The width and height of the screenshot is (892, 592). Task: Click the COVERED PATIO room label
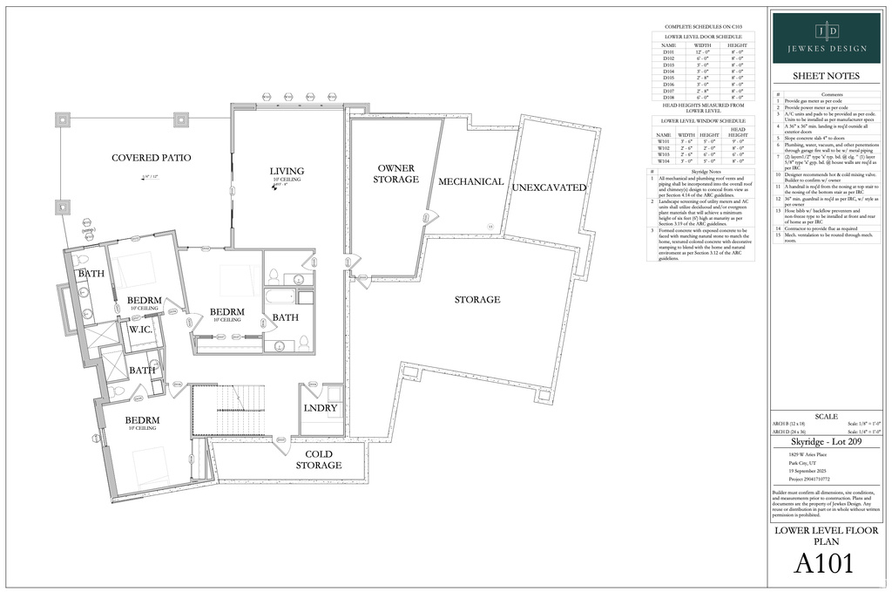pos(151,158)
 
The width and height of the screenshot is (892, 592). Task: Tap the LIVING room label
pos(287,171)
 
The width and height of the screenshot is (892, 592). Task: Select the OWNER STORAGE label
pos(397,174)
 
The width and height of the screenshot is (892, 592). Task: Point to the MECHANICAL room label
pos(470,181)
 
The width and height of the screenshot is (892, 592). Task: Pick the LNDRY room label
pos(320,407)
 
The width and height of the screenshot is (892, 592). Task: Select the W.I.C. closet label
pos(142,330)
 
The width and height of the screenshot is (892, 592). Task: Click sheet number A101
pos(823,563)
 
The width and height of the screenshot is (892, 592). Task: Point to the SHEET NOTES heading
pos(825,76)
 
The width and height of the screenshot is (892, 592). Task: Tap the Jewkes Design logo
pos(825,37)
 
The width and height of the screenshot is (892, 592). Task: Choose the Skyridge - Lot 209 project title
pos(825,443)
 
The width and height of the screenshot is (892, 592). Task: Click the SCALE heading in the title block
pos(825,416)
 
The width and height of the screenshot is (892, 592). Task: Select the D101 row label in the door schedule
pos(668,51)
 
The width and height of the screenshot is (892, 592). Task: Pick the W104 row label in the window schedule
pos(664,161)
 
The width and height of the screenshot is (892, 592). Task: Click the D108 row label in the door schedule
pos(668,97)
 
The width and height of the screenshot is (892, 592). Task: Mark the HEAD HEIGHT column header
pos(738,133)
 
